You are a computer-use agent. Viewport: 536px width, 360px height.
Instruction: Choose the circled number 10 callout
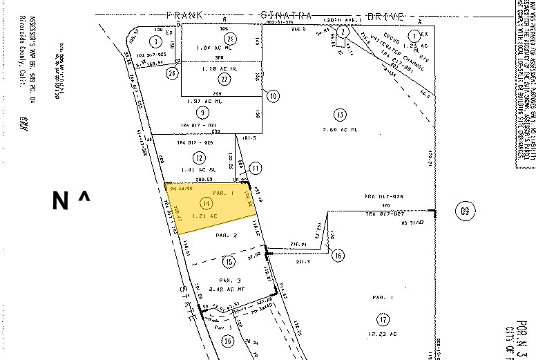coord(274,96)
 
